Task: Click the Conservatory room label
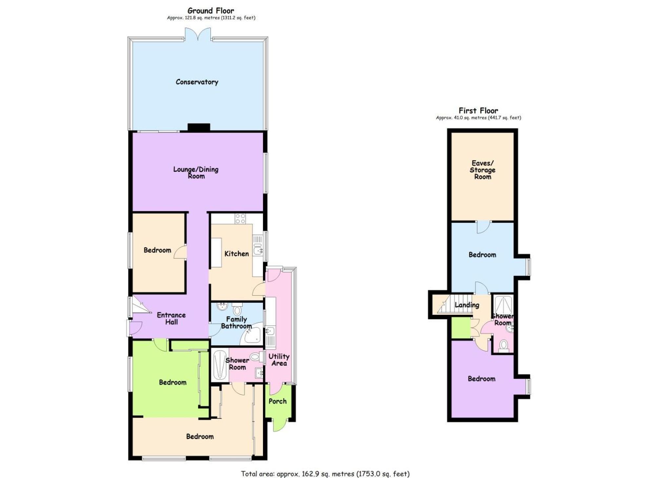[197, 82]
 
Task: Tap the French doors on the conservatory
[198, 34]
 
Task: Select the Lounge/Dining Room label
[196, 172]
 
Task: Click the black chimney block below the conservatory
[199, 127]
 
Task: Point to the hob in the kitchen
[240, 218]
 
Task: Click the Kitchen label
[236, 254]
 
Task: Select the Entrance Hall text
[171, 318]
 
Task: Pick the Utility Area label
[279, 360]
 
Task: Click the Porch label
[277, 401]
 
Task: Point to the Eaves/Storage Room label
[482, 170]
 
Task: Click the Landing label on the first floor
[467, 305]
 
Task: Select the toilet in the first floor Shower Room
[503, 346]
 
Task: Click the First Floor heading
[478, 111]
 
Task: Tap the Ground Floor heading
[211, 11]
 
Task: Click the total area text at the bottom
[325, 474]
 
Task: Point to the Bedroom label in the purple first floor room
[481, 379]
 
